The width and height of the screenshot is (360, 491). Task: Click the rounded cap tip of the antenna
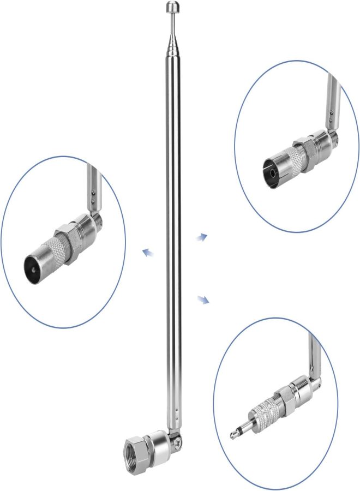[172, 7]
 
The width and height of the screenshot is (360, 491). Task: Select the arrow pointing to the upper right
[202, 236]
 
